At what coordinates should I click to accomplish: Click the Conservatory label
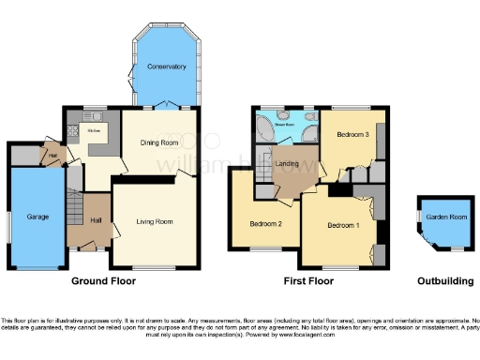pyautogui.click(x=165, y=67)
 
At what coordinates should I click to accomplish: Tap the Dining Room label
pyautogui.click(x=159, y=142)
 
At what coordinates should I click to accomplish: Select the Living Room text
pyautogui.click(x=155, y=222)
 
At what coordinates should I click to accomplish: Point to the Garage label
pyautogui.click(x=37, y=217)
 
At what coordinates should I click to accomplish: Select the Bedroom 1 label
pyautogui.click(x=342, y=226)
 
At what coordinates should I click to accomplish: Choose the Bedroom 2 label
pyautogui.click(x=266, y=224)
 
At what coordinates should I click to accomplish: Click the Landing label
pyautogui.click(x=288, y=165)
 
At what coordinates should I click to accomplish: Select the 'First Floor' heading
pyautogui.click(x=308, y=280)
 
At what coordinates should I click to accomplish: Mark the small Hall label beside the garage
pyautogui.click(x=53, y=156)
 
